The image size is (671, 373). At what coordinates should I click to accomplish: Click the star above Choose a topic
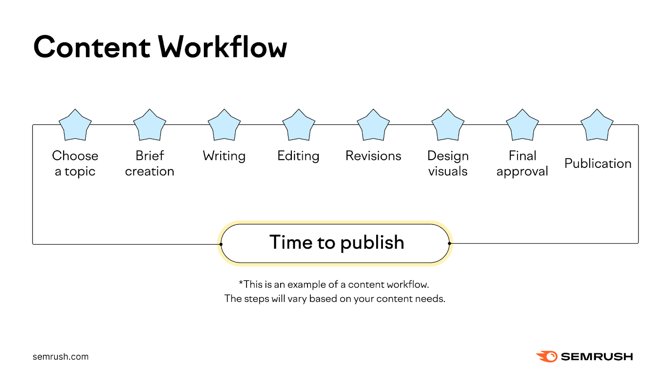coord(75,126)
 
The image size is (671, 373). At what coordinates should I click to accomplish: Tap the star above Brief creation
coord(150,126)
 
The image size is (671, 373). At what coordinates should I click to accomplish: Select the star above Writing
coord(224,126)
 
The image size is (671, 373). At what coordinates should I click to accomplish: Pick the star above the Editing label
coord(299,126)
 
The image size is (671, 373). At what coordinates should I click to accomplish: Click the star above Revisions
coord(373,126)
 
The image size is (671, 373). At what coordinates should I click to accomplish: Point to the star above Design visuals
coord(448,126)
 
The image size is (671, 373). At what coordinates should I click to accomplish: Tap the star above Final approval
coord(523,126)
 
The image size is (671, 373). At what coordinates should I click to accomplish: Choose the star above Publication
coord(597,126)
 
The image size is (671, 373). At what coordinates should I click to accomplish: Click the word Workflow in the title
coord(223,47)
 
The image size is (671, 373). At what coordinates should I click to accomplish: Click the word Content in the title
coord(91,47)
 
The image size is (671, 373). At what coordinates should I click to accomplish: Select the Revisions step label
coord(373,156)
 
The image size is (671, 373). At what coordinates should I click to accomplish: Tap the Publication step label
coord(598,163)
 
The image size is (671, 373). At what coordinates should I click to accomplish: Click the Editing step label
coord(298,156)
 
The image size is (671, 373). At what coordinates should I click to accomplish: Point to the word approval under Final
coord(522,172)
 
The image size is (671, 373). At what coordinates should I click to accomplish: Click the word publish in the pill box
coord(372,243)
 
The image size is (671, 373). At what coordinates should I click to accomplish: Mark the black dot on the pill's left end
coord(221,244)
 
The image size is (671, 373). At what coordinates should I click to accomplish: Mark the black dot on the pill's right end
coord(449,243)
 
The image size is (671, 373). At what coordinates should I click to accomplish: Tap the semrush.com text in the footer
coord(60,357)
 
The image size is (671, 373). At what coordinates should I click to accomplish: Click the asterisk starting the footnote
coord(241,283)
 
